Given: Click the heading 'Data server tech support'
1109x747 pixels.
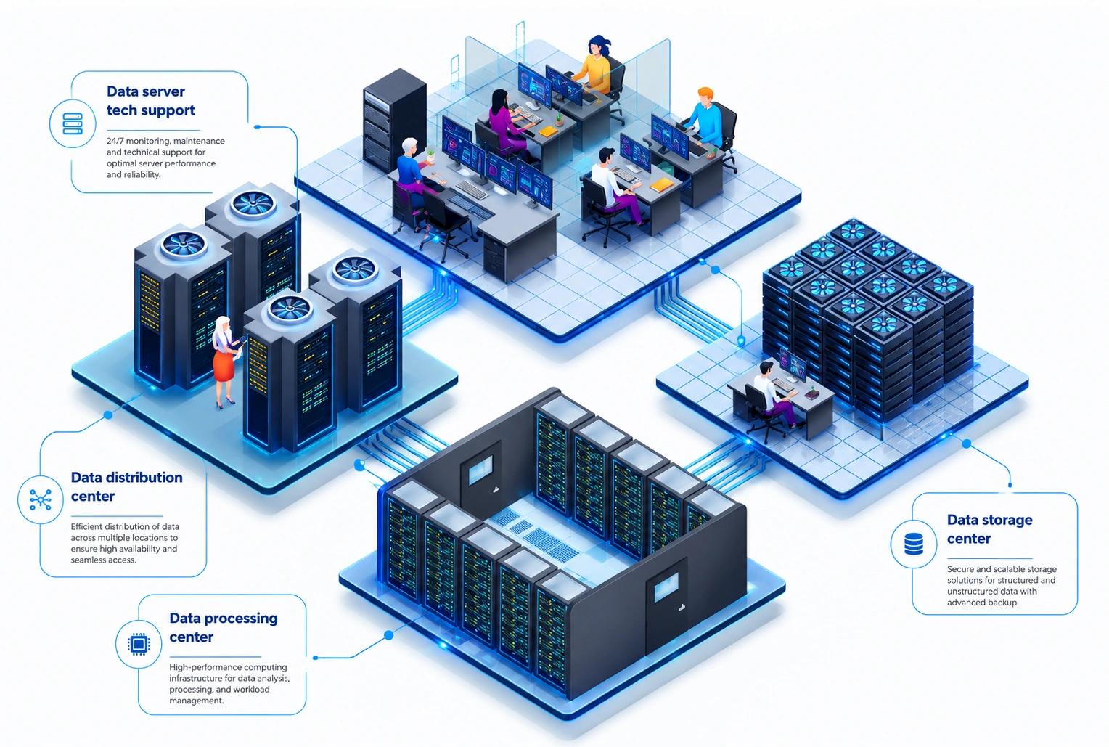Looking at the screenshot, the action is pyautogui.click(x=150, y=101).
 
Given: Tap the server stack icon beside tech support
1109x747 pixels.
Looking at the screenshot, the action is pyautogui.click(x=73, y=124).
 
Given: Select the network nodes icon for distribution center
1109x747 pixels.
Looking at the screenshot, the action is pyautogui.click(x=41, y=499).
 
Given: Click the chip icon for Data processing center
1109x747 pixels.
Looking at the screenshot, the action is pyautogui.click(x=139, y=644).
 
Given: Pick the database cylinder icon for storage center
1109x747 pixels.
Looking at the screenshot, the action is pyautogui.click(x=914, y=544).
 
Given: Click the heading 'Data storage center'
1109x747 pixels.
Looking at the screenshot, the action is pyautogui.click(x=990, y=529).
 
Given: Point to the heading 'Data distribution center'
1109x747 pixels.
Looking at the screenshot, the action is pyautogui.click(x=127, y=486).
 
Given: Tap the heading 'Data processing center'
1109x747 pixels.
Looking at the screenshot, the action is pyautogui.click(x=224, y=627).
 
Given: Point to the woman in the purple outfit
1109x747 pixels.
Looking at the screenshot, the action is pyautogui.click(x=508, y=121).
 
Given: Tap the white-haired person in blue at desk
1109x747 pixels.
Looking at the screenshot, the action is pyautogui.click(x=413, y=171).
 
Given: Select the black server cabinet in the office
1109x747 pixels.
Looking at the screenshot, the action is pyautogui.click(x=395, y=120).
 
